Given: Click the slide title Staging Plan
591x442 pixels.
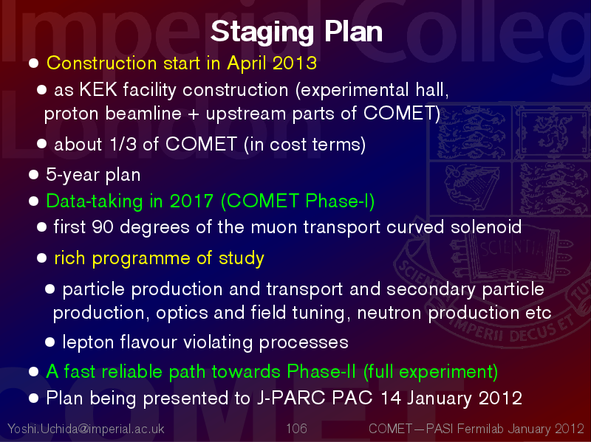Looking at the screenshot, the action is click(x=296, y=32).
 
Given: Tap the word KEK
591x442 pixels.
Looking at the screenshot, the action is click(x=98, y=90).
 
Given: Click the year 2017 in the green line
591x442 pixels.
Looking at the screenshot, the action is click(x=191, y=201).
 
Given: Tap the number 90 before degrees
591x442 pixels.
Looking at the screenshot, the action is click(x=103, y=227).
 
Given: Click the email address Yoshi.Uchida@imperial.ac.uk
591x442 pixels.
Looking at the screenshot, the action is click(x=86, y=429).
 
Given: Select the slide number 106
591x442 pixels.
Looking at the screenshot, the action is click(x=296, y=429).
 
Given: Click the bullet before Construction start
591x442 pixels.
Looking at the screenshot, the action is click(x=33, y=63).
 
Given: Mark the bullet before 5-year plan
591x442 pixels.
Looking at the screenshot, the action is click(x=33, y=175).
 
